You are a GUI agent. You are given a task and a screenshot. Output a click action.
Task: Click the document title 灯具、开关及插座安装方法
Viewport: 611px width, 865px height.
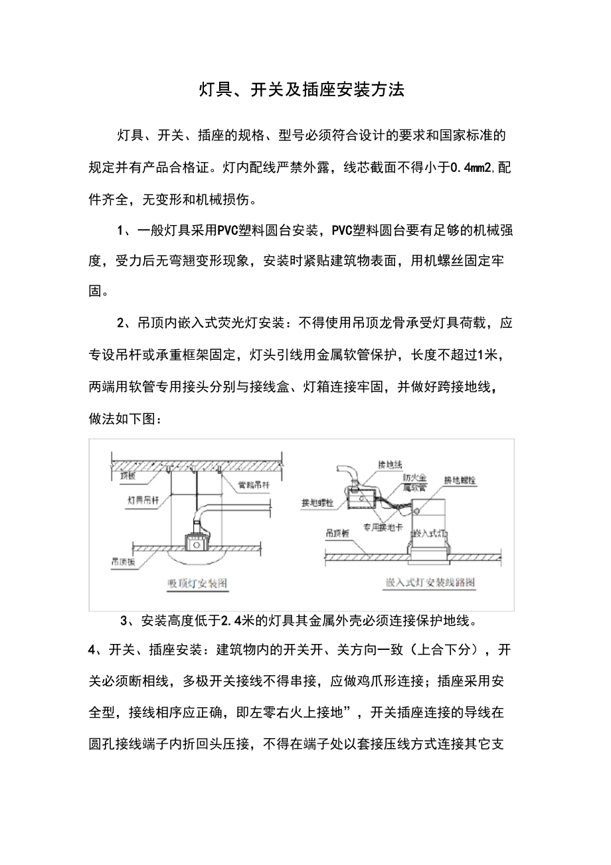point(302,90)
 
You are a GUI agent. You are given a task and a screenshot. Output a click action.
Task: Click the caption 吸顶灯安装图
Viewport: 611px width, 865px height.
point(197,584)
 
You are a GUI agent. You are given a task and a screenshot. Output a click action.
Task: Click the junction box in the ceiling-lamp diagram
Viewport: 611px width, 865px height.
point(195,544)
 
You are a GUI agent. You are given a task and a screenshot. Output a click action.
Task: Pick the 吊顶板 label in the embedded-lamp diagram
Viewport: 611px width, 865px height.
point(337,532)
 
